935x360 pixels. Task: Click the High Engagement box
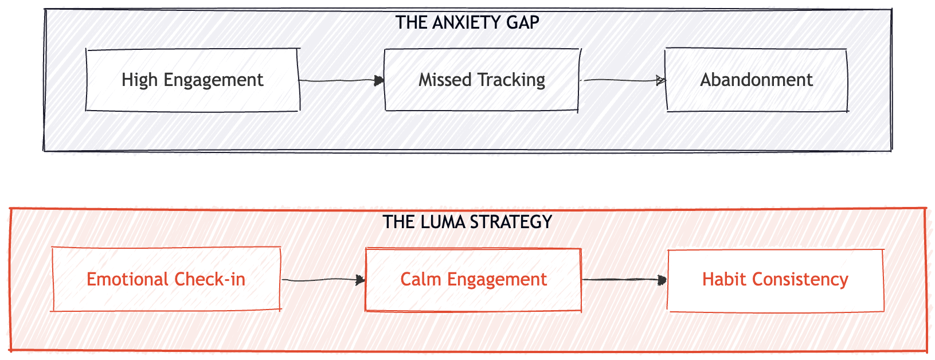point(193,80)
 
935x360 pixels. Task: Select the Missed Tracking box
point(482,80)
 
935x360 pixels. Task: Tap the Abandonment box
point(756,80)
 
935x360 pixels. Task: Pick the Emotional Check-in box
point(166,279)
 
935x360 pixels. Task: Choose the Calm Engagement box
point(474,279)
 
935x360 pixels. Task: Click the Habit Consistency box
point(775,280)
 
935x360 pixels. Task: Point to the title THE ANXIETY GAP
point(467,22)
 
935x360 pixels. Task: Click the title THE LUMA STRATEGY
point(467,222)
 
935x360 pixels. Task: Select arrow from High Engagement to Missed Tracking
point(341,81)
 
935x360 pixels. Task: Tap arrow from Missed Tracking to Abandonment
point(623,80)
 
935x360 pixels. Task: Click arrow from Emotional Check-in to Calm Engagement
point(323,280)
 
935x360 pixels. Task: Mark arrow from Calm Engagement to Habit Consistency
point(624,280)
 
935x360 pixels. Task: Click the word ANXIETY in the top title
point(459,22)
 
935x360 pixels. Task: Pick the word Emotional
point(127,279)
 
